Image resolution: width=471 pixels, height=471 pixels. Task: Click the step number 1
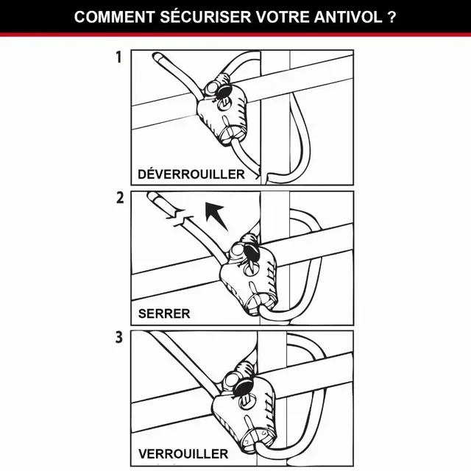118,58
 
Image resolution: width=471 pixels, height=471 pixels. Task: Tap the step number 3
118,339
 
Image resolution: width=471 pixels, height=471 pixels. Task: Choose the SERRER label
164,314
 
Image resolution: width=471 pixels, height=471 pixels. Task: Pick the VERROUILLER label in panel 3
183,453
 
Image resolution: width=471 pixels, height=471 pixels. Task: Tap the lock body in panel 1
224,110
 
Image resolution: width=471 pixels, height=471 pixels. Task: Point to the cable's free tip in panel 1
155,57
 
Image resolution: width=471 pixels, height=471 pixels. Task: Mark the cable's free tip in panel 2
153,197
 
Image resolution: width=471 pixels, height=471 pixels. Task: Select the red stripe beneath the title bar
235,35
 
